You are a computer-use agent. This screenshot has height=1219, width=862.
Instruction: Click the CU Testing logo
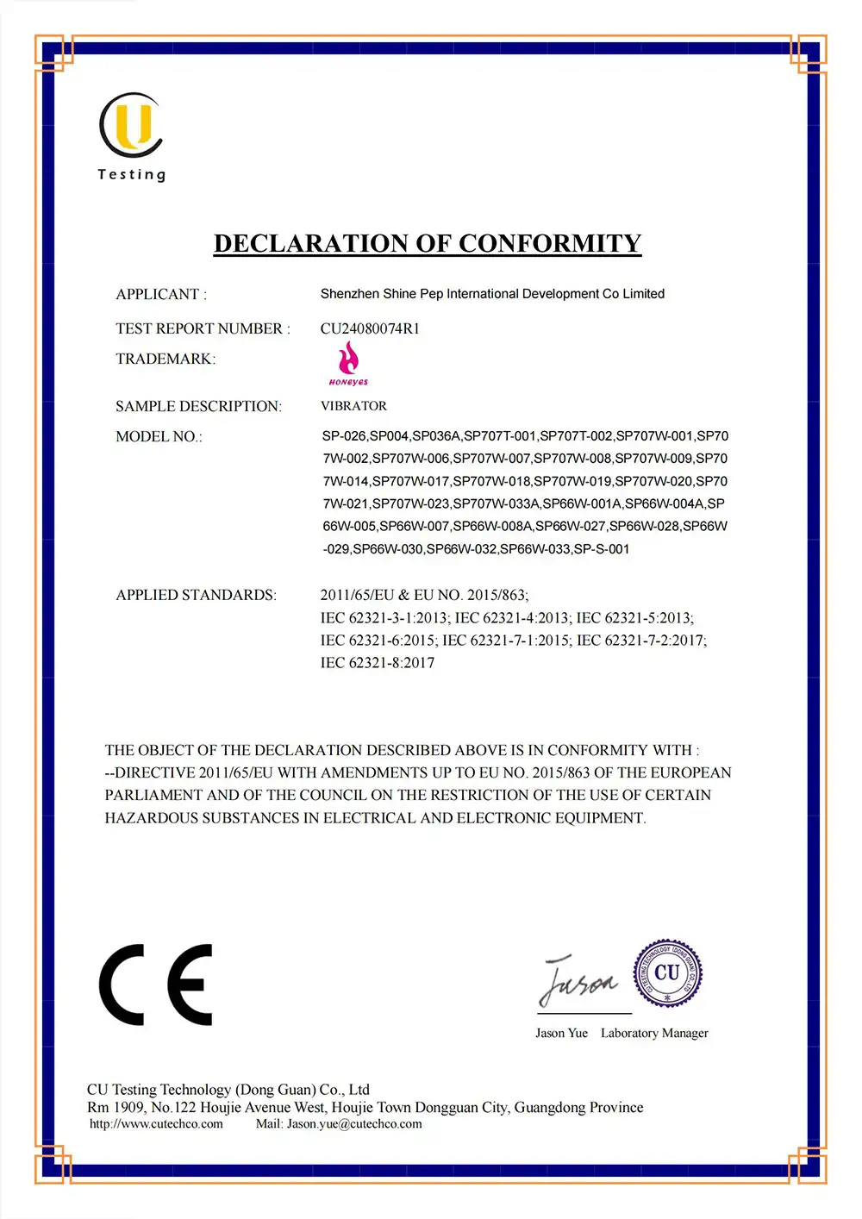(x=131, y=136)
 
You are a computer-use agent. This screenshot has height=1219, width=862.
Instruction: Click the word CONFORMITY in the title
(x=549, y=244)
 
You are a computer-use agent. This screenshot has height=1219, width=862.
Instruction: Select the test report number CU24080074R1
(x=370, y=328)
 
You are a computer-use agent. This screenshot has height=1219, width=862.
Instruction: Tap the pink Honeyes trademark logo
(x=348, y=363)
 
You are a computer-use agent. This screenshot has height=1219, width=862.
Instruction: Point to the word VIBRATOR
(x=353, y=406)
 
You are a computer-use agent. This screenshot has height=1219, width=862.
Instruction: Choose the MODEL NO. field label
(x=159, y=437)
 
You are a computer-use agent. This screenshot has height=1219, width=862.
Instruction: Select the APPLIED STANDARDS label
(x=196, y=595)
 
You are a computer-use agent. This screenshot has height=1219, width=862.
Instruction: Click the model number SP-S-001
(x=602, y=549)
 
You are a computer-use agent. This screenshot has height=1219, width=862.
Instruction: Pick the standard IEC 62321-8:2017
(x=378, y=663)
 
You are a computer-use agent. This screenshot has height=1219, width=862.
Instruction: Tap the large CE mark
(x=156, y=985)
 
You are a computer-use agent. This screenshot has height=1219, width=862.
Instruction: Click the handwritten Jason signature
(x=578, y=981)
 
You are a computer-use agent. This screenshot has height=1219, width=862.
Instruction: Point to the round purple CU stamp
(x=667, y=973)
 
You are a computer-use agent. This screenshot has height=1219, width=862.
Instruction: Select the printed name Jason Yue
(x=561, y=1033)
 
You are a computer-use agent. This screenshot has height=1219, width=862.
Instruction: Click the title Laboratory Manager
(x=654, y=1033)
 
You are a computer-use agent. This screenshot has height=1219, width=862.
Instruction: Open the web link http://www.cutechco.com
(x=156, y=1124)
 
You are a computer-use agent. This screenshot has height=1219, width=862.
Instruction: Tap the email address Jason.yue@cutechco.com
(x=354, y=1124)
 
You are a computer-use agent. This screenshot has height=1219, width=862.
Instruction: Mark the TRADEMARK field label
(x=166, y=359)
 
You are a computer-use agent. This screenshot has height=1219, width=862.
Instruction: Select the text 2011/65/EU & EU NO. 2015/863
(x=424, y=595)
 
